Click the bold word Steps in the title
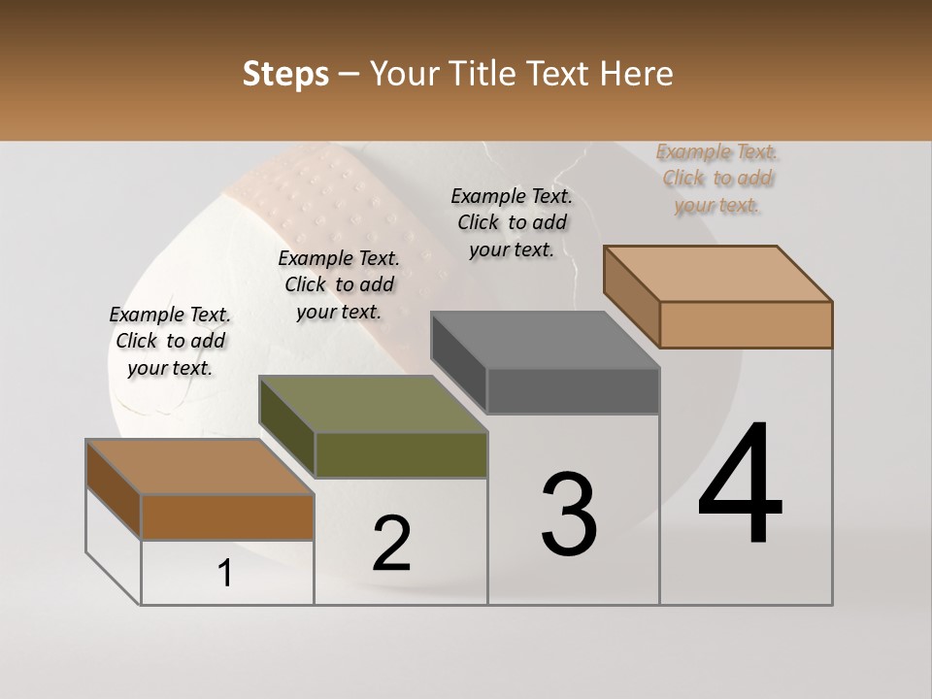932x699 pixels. [x=285, y=74]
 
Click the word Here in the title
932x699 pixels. [x=637, y=74]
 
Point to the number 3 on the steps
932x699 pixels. [x=569, y=514]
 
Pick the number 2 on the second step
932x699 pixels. [x=392, y=544]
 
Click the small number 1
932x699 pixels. [x=225, y=574]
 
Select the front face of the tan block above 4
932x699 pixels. [x=746, y=324]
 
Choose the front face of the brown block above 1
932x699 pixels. [x=227, y=516]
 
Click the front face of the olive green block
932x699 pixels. [x=401, y=454]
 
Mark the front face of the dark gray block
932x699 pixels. [x=573, y=391]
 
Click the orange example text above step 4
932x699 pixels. [x=716, y=179]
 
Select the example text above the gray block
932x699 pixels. [x=512, y=222]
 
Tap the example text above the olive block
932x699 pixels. [x=339, y=284]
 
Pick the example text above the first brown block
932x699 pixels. [x=170, y=341]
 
